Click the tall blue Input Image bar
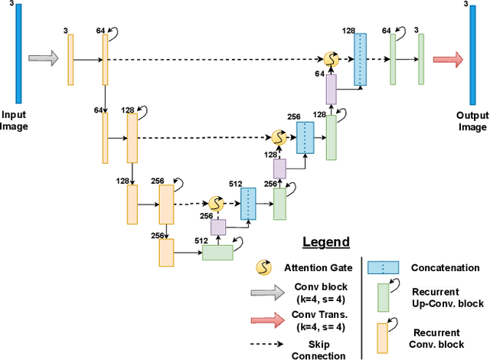pos(18,53)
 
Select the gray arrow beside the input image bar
pos(44,59)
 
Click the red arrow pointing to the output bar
pos(447,59)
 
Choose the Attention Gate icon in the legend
pos(263,267)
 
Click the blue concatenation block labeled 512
pos(249,203)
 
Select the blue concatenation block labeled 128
pos(360,60)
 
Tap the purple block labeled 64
pos(331,89)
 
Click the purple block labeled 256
pos(219,227)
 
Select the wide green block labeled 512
pos(218,252)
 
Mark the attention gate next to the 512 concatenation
pos(216,204)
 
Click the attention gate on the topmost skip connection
pos(331,59)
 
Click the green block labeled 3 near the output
pos(420,59)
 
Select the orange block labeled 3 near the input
pos(70,59)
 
